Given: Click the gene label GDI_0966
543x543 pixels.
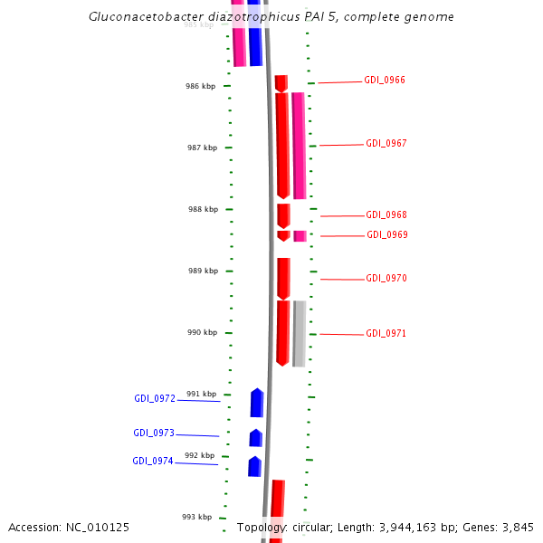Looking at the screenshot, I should tap(385, 81).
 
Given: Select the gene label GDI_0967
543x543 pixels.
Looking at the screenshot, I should tap(386, 144).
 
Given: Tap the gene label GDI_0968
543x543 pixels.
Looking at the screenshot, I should tap(386, 215).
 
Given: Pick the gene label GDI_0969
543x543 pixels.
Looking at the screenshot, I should tap(387, 235).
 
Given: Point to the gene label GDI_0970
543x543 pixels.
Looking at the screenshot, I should tap(386, 279).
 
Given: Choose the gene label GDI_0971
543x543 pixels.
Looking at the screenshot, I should tap(386, 334).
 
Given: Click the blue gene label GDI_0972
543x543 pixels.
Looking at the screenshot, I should tap(155, 399).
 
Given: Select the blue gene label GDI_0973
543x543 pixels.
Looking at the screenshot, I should tap(154, 433).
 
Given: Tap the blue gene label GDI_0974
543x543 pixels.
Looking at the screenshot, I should tap(153, 462).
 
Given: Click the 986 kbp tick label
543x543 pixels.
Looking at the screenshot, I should tap(201, 87).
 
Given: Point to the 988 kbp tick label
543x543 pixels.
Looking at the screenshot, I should tap(203, 210).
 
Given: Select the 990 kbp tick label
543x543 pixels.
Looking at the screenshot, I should tap(203, 333).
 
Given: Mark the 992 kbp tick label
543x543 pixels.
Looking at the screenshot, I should tap(199, 456).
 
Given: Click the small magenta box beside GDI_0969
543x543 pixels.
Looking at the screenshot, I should tap(300, 236).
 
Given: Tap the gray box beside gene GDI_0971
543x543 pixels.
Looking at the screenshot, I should tap(299, 333).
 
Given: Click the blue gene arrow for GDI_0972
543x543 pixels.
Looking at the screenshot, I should tap(257, 404).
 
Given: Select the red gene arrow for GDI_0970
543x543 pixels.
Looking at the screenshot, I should tap(284, 278).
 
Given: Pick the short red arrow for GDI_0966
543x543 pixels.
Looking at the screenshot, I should tap(281, 83).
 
